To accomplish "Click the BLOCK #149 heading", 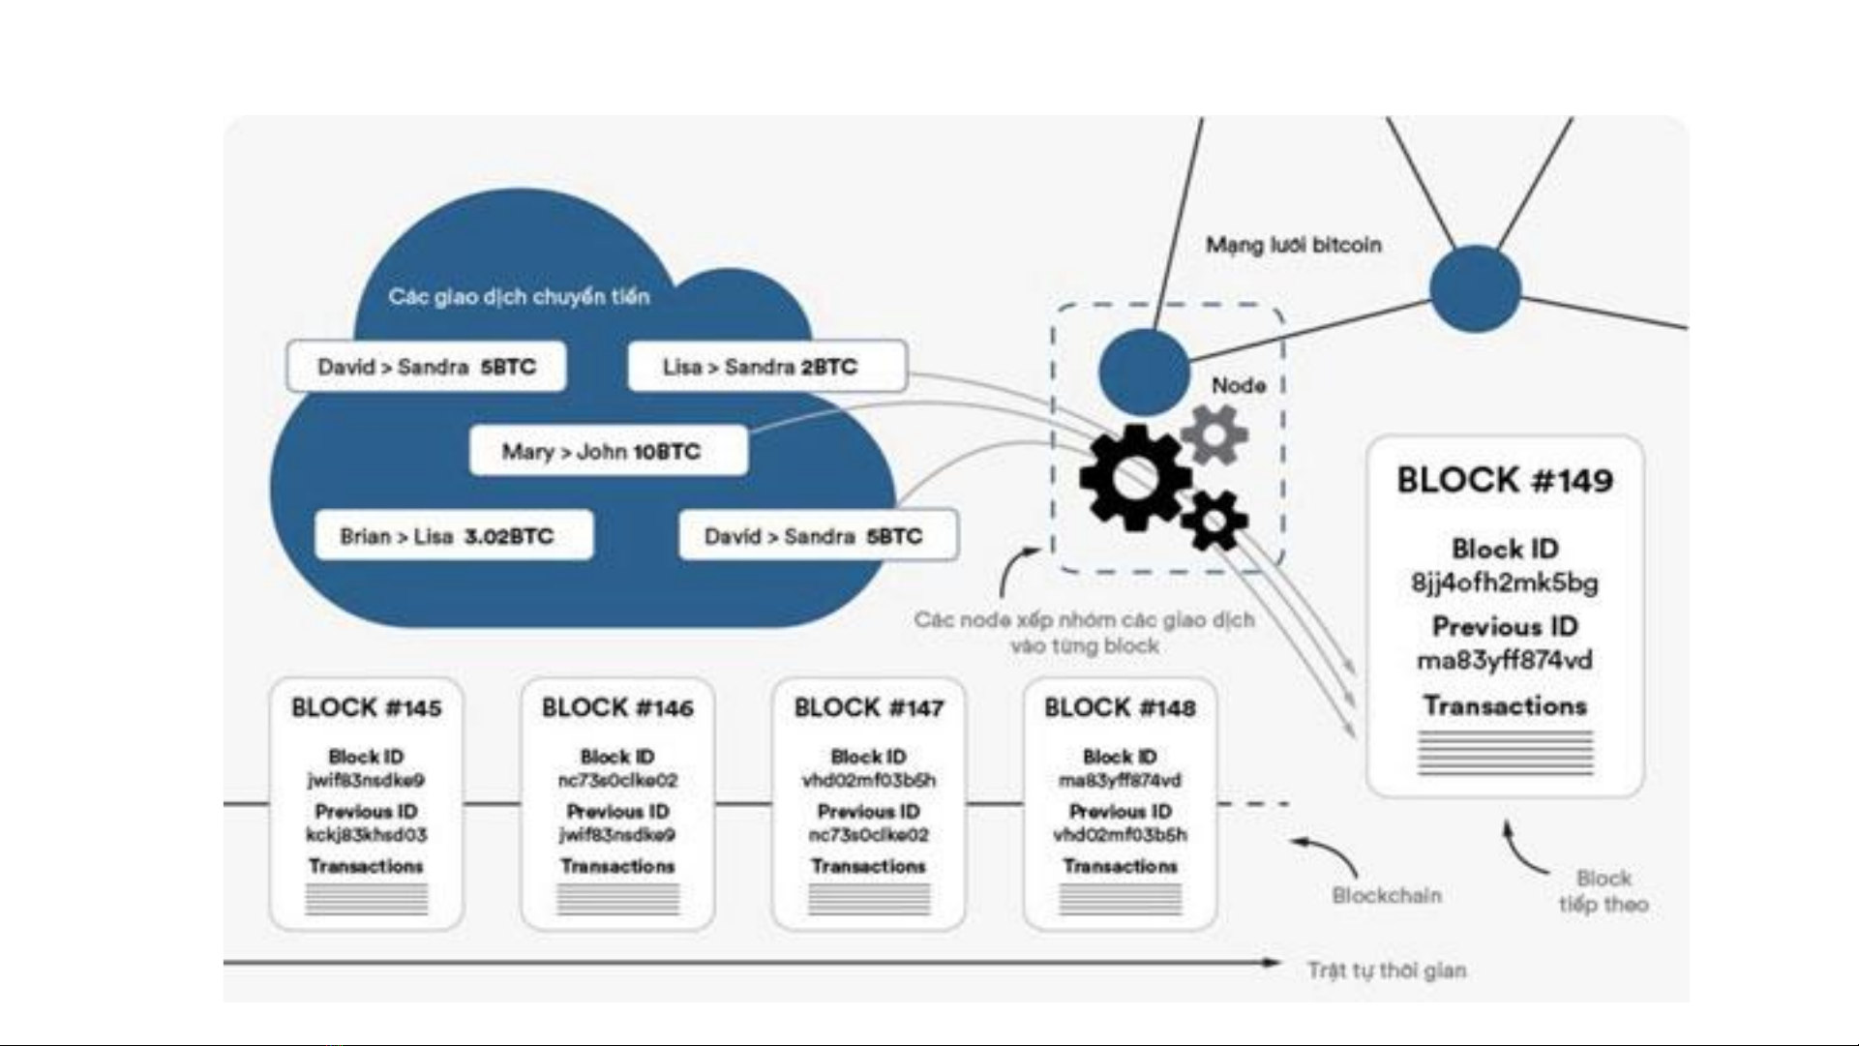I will tap(1505, 481).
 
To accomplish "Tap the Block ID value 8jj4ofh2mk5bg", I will tap(1505, 583).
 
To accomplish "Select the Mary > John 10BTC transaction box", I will tap(609, 451).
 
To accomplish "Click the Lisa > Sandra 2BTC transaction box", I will tap(766, 367).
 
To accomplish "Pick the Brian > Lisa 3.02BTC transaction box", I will tap(453, 536).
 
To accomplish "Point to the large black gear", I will tap(1134, 477).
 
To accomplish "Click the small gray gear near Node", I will tap(1214, 434).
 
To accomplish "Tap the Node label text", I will tap(1239, 385).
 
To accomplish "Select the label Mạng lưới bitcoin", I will tap(1293, 245).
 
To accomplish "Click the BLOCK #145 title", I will tap(366, 708).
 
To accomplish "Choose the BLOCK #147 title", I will tap(868, 708).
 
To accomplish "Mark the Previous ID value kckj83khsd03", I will tap(366, 834).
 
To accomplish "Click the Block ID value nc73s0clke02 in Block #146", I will tap(617, 780).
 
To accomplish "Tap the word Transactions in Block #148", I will tap(1120, 866).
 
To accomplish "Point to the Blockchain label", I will tap(1387, 895).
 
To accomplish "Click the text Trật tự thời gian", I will tap(1387, 970).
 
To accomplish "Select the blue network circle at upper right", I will tap(1475, 288).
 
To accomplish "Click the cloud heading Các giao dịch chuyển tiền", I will tap(519, 296).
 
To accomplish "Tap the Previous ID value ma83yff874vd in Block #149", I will tap(1505, 661).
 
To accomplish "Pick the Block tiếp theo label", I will tap(1604, 891).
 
